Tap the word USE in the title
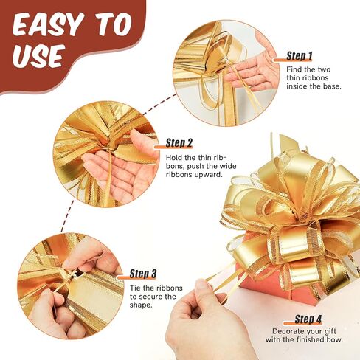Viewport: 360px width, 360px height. point(38,55)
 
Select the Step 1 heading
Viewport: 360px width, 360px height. point(300,56)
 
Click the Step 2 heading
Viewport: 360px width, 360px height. point(179,142)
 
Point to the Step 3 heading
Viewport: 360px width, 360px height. point(143,274)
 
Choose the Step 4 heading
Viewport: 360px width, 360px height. point(308,319)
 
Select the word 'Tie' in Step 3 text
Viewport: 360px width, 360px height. point(135,288)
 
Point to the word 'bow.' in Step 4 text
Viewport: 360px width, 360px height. point(335,340)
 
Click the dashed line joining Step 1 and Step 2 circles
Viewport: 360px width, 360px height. point(159,104)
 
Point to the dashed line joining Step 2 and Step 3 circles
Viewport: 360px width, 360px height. point(67,216)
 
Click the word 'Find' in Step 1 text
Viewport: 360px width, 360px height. point(294,69)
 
